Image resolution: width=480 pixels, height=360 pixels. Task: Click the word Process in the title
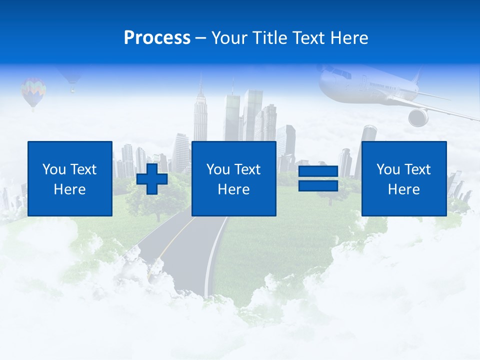click(157, 38)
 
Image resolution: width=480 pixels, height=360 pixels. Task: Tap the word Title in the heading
click(269, 38)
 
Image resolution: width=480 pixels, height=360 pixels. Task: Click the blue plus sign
click(152, 178)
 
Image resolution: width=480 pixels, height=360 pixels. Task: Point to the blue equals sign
click(318, 178)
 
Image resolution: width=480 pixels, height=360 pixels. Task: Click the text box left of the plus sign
click(70, 178)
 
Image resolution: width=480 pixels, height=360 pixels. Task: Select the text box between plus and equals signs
click(233, 178)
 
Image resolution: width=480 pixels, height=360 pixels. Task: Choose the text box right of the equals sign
click(403, 178)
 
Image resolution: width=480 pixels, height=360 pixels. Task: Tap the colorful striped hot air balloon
click(33, 92)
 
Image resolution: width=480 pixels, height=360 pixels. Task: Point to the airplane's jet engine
click(418, 117)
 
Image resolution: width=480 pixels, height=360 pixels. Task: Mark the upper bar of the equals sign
click(318, 171)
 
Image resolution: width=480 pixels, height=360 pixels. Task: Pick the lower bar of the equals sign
click(318, 185)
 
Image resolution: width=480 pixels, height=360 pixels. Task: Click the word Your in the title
click(228, 38)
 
